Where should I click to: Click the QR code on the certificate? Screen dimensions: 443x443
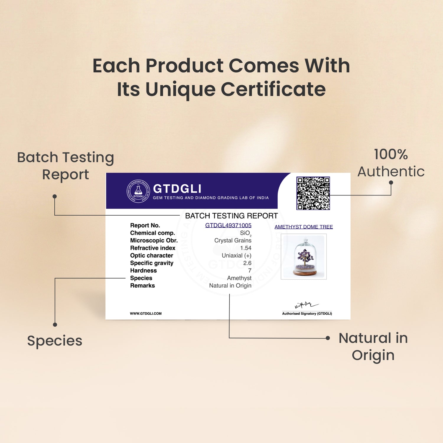[313, 193]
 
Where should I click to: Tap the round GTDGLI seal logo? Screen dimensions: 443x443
[139, 191]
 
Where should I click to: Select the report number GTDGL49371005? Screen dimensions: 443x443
[228, 225]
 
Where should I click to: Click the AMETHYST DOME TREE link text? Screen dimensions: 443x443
[304, 227]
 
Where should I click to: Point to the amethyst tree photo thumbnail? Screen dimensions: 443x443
[304, 256]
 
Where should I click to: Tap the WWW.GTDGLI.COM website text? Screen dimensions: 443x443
[146, 314]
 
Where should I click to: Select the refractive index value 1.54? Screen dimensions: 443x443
[246, 248]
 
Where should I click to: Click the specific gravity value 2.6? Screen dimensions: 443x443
[247, 263]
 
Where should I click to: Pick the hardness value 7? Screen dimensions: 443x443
[250, 271]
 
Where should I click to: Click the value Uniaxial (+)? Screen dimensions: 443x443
[237, 255]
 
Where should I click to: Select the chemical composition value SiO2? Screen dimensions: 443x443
[246, 233]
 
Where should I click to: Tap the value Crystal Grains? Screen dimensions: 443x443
[233, 240]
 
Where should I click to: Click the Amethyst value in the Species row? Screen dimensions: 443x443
[239, 278]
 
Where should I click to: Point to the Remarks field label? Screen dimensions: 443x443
[142, 286]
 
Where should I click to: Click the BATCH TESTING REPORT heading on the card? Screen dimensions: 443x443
[232, 216]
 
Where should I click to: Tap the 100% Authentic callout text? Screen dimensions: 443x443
[391, 163]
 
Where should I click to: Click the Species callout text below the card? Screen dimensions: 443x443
[55, 341]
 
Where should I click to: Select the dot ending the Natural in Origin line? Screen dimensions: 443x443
[328, 338]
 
